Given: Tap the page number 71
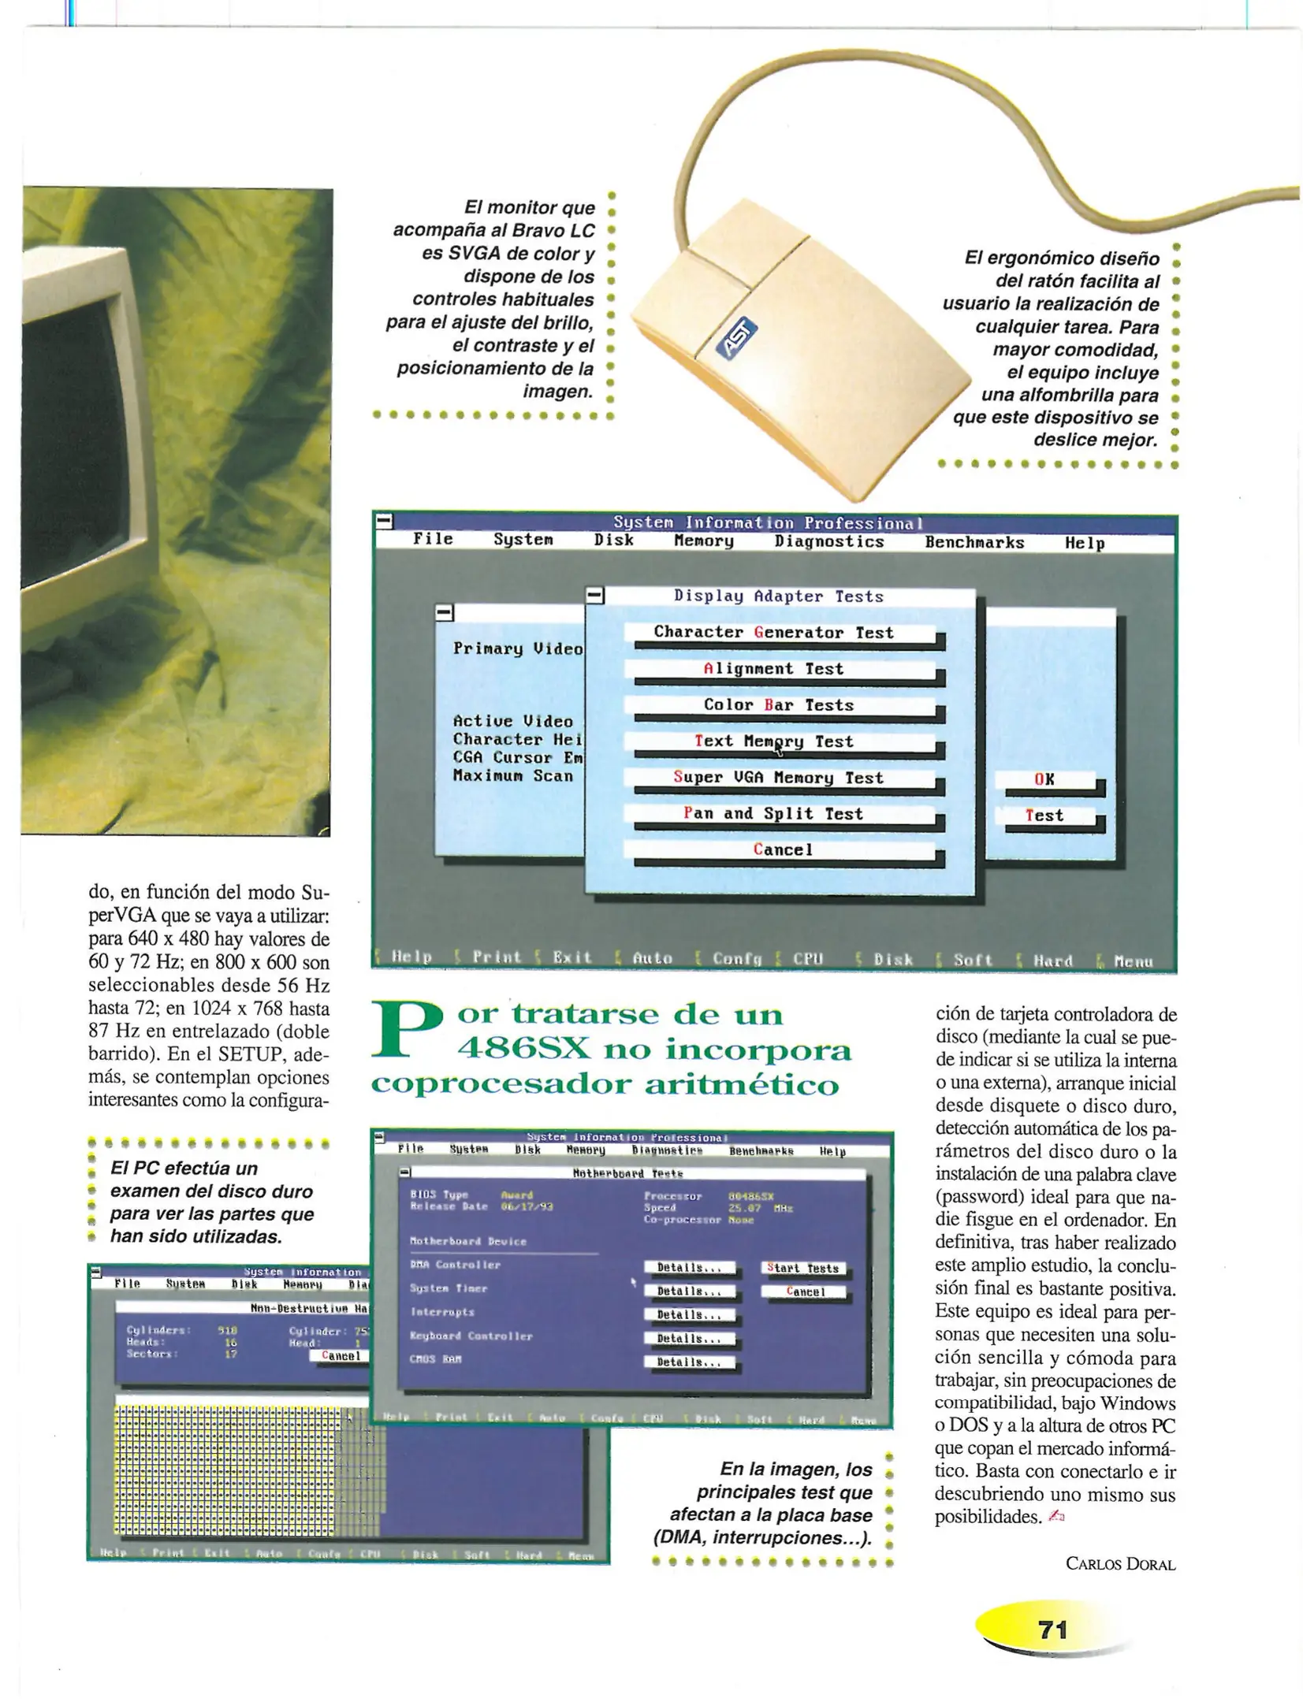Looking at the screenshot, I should (1053, 1630).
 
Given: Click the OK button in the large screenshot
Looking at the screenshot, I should (1044, 779).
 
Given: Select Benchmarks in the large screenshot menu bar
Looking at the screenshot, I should (974, 542).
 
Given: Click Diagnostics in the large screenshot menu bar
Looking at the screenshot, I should (829, 541).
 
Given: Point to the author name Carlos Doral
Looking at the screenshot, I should (1120, 1563).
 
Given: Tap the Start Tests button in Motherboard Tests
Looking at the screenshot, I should (803, 1268).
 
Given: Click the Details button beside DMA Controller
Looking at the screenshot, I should (690, 1267).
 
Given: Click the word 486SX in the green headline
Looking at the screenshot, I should (523, 1049).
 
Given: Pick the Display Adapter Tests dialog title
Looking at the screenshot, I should (779, 596).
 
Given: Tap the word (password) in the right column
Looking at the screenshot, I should (978, 1197).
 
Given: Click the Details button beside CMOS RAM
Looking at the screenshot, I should (690, 1362).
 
